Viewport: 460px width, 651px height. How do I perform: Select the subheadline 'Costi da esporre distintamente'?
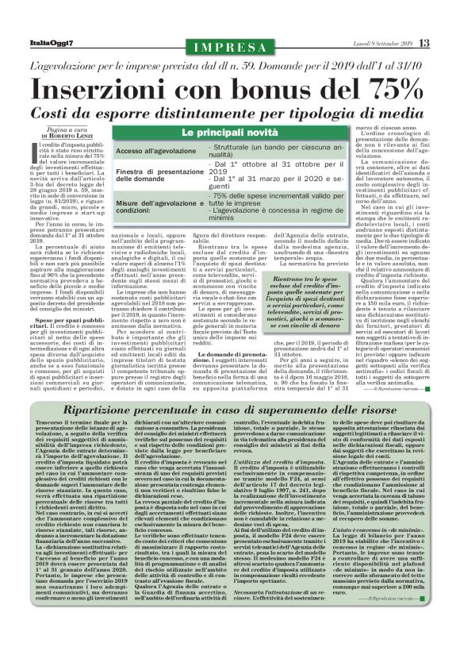click(x=229, y=108)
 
